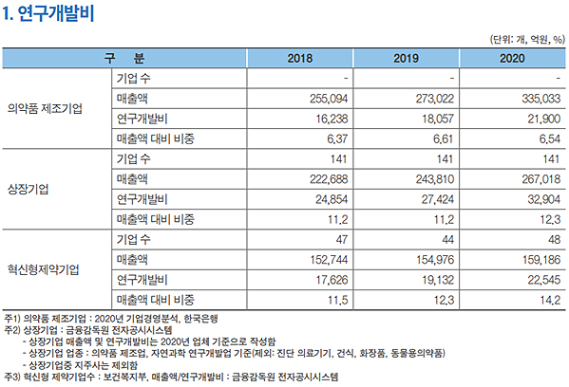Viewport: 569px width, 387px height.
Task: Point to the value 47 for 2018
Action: pos(345,238)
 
